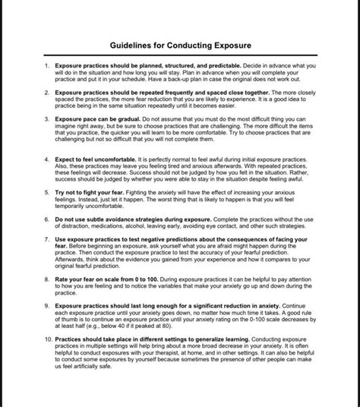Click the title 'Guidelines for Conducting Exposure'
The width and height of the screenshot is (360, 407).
(x=180, y=46)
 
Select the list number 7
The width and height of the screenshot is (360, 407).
(x=47, y=238)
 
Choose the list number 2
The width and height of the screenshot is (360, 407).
(x=47, y=92)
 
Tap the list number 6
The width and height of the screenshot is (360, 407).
(x=47, y=216)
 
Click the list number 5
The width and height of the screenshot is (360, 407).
(x=47, y=194)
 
